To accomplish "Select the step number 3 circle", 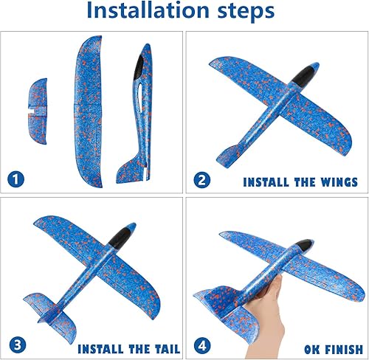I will click(x=15, y=345).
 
